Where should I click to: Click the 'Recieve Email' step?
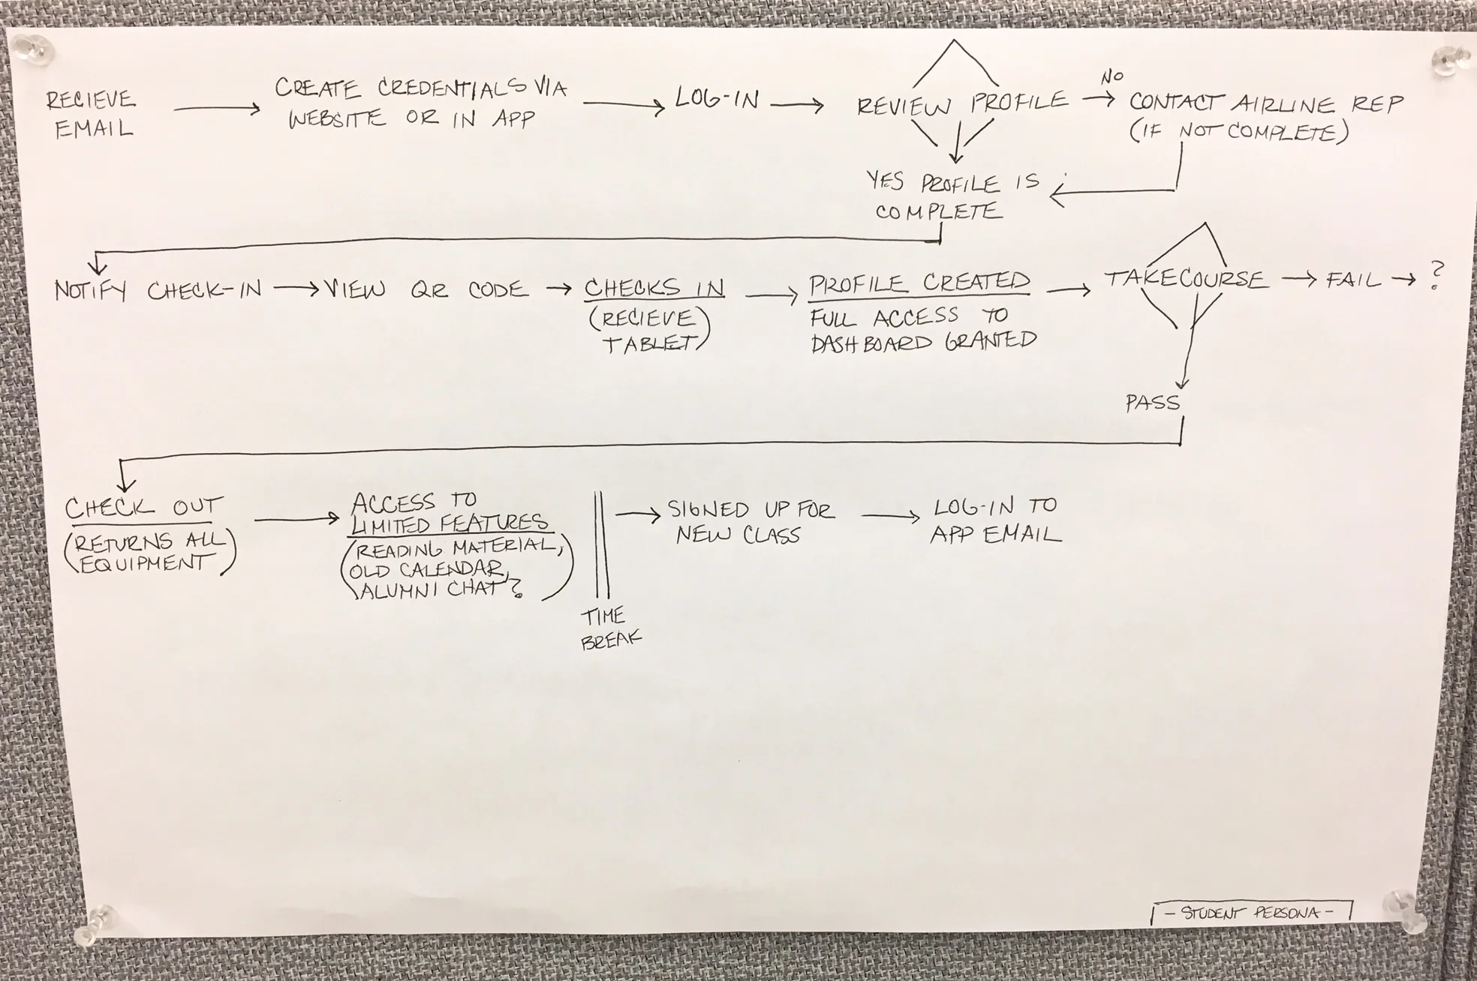coord(90,114)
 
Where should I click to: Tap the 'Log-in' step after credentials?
coord(717,99)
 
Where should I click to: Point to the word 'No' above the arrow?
coord(1112,76)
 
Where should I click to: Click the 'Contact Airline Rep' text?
coord(1265,104)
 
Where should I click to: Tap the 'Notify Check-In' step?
coord(158,290)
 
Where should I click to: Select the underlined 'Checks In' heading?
coord(654,288)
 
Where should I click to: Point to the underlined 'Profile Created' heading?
coord(919,283)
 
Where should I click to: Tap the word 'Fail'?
coord(1353,280)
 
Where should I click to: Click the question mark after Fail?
coord(1437,275)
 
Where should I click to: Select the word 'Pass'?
coord(1153,403)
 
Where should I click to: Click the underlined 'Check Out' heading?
coord(143,508)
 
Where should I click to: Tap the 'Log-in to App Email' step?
coord(995,520)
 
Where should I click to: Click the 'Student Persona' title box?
coord(1250,913)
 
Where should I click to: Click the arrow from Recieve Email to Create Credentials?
coord(217,109)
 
